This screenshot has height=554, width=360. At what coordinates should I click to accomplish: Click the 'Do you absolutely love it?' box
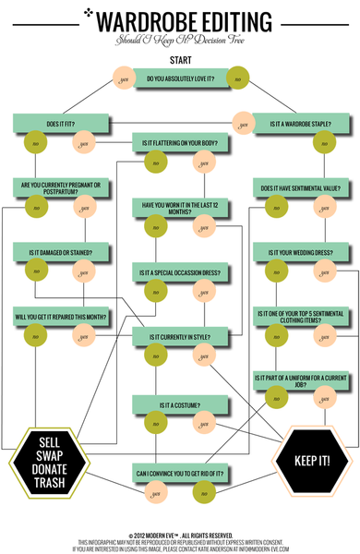coord(180,78)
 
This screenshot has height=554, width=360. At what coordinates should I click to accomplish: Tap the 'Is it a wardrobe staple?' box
coord(300,122)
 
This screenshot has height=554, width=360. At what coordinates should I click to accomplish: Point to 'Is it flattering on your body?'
coord(180,143)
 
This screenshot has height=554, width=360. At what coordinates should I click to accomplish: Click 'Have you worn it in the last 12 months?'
coord(180,208)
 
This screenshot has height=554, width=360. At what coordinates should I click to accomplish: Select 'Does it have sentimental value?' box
coord(300,188)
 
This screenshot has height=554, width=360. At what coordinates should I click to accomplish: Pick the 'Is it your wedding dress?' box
coord(300,251)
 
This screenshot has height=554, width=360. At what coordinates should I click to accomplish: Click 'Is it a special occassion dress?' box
coord(180,273)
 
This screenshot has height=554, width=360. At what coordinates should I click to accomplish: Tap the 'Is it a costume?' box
coord(180,404)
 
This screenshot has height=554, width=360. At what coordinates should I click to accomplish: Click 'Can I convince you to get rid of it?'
coord(180,475)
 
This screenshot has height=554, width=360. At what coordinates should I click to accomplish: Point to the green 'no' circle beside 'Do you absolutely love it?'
coord(237,78)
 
